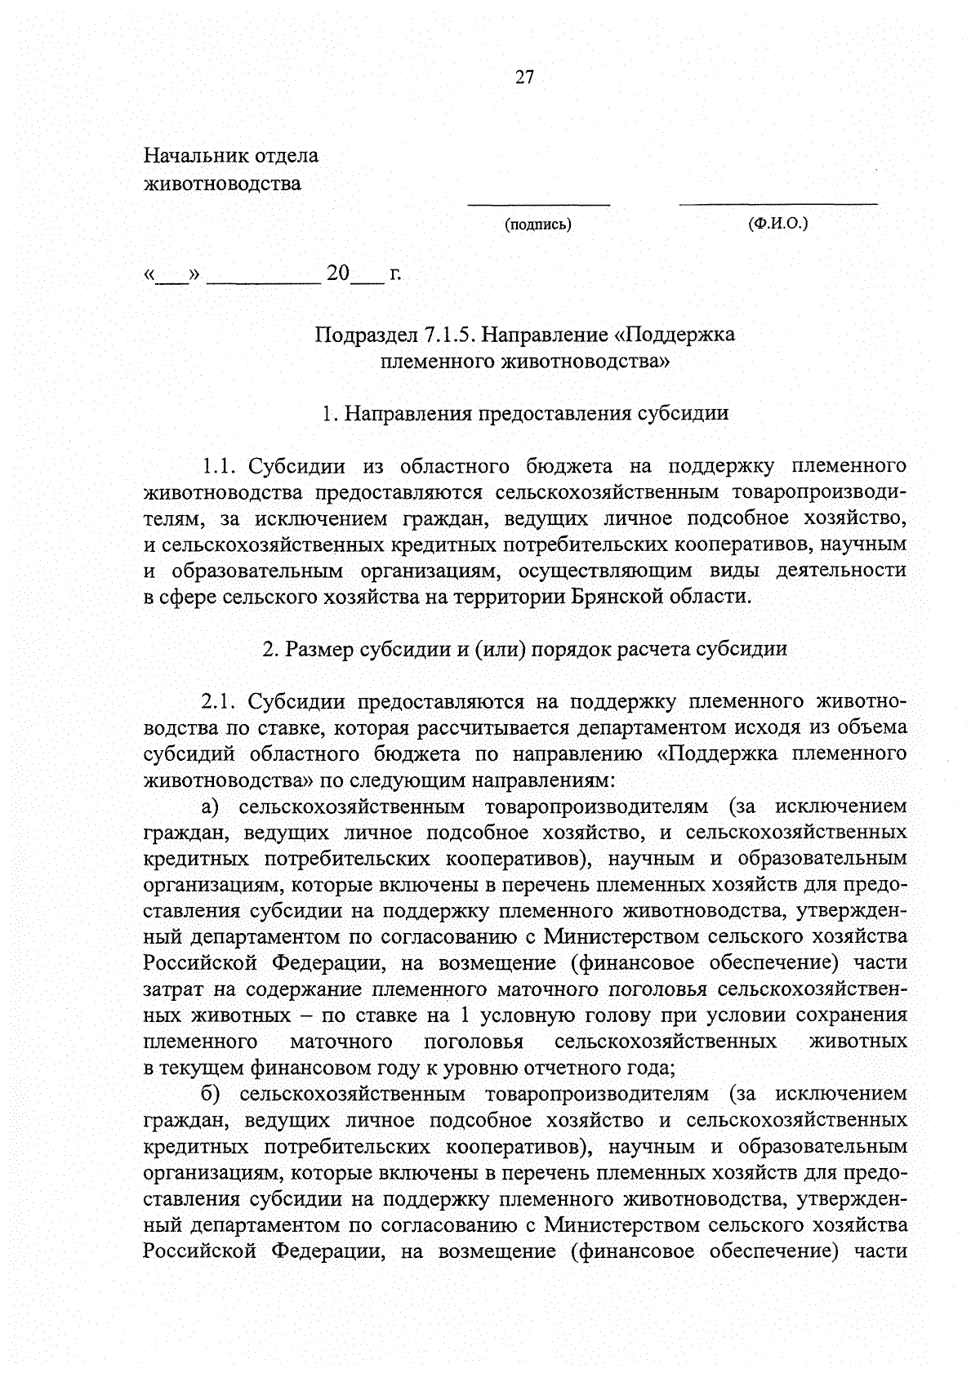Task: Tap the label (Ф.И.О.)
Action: coord(777,224)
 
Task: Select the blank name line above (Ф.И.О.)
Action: coord(777,202)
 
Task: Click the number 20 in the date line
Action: coord(337,273)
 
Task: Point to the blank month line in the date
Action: coord(263,280)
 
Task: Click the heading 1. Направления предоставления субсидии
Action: coord(525,413)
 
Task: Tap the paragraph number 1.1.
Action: coord(218,467)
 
